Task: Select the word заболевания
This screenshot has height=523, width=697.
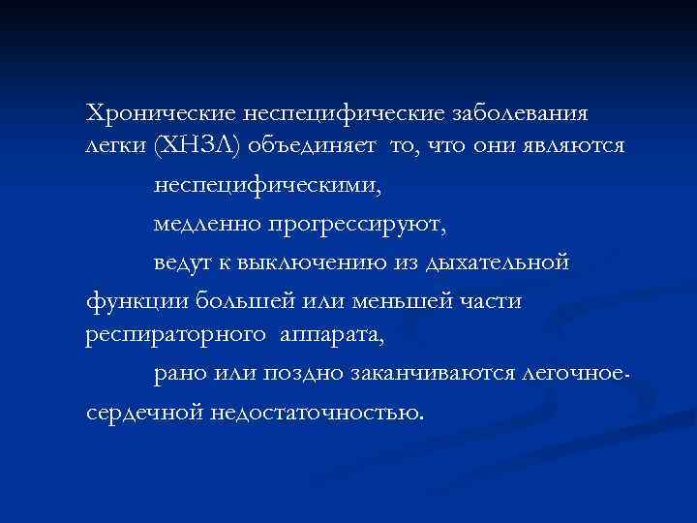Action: pyautogui.click(x=518, y=113)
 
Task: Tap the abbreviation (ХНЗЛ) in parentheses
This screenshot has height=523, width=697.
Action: pyautogui.click(x=199, y=145)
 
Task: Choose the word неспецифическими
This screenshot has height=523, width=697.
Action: pyautogui.click(x=260, y=183)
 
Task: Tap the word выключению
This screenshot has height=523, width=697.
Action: pyautogui.click(x=306, y=263)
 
